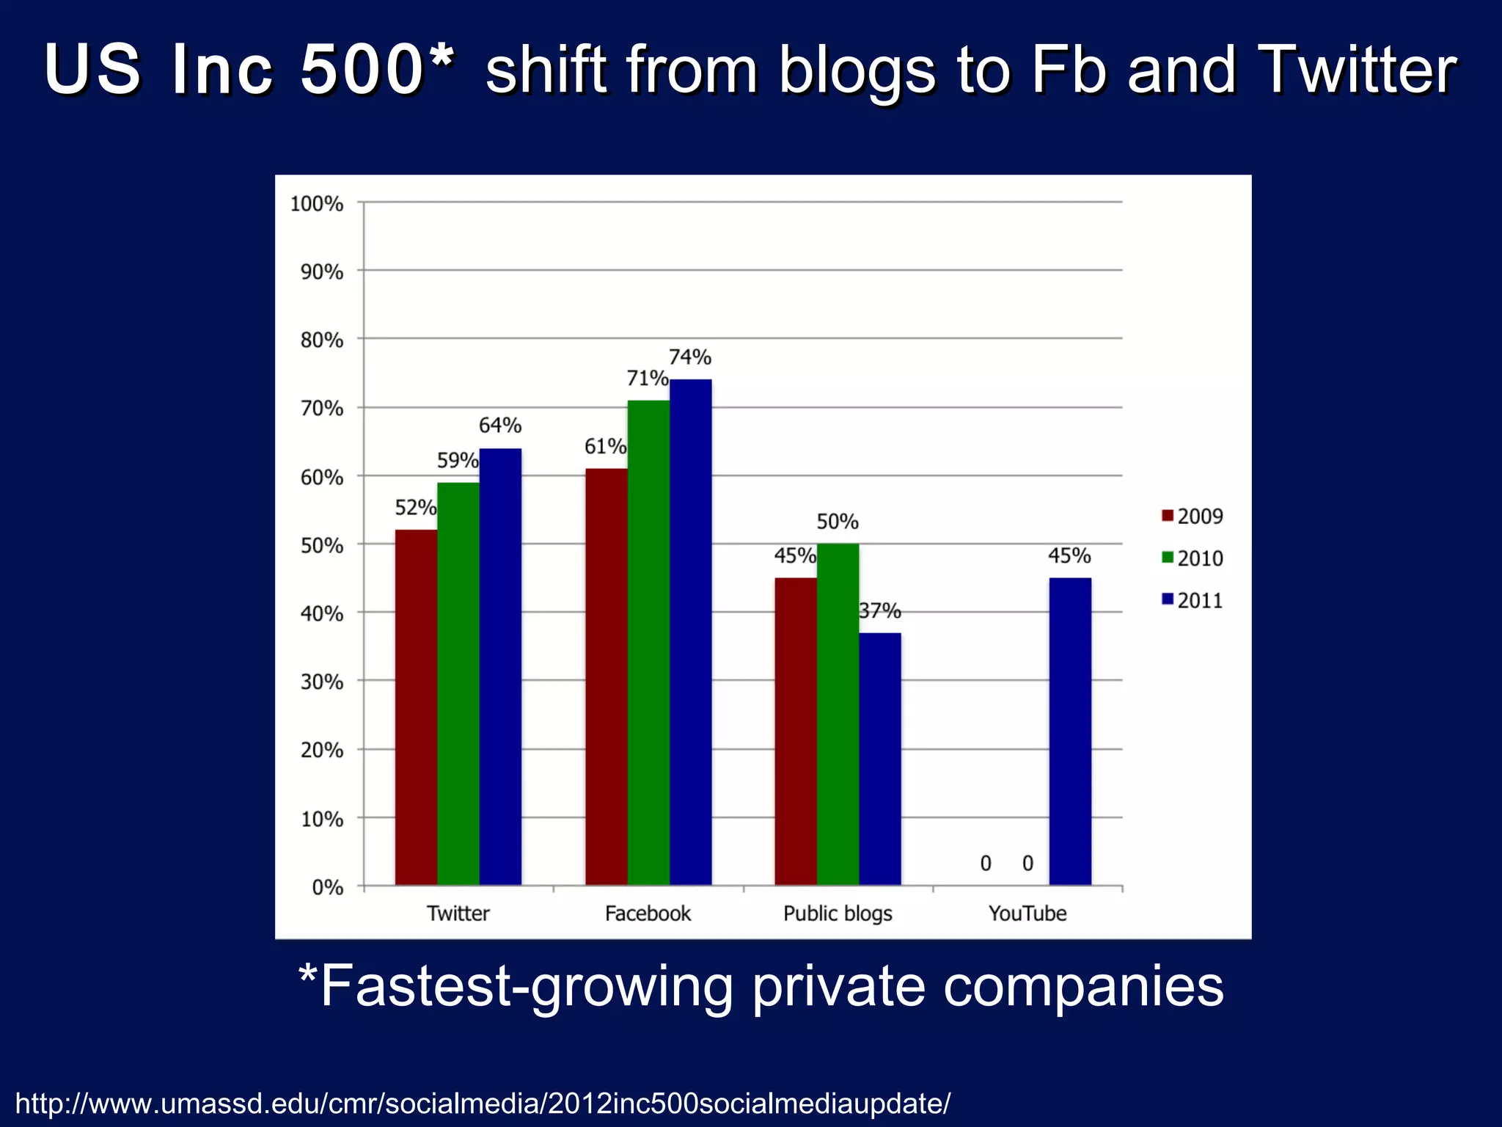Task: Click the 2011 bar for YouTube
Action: [1070, 732]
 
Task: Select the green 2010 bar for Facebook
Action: [648, 643]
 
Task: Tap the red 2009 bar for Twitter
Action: [416, 707]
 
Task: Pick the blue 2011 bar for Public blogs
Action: [880, 759]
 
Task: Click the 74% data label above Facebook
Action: [690, 357]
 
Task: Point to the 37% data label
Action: [880, 610]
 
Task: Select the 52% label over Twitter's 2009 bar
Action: [415, 507]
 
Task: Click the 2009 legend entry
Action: [1193, 517]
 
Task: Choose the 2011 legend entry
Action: [1193, 601]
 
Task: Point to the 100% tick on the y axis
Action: [317, 204]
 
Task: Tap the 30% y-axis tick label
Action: [321, 682]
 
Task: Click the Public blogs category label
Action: [838, 913]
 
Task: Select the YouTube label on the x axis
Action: [1027, 913]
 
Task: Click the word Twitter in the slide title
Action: [1356, 70]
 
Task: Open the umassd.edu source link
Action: [483, 1103]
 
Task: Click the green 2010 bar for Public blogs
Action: [838, 715]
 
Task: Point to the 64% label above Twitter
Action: [500, 426]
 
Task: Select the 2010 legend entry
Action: [1193, 558]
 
